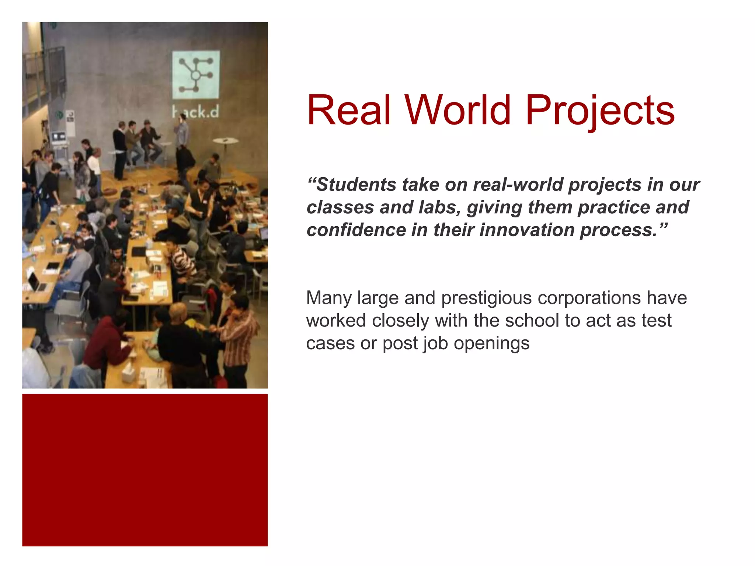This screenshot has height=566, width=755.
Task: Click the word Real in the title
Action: (348, 110)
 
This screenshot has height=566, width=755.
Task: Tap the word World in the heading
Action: (458, 110)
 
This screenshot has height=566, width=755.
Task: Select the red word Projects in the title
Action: (600, 110)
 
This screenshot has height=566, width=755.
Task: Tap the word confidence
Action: (356, 230)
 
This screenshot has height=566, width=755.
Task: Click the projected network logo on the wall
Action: (196, 75)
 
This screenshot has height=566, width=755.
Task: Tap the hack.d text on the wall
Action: (196, 112)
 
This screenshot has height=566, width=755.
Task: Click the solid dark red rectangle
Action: (145, 470)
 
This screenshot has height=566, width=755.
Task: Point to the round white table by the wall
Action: (225, 141)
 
